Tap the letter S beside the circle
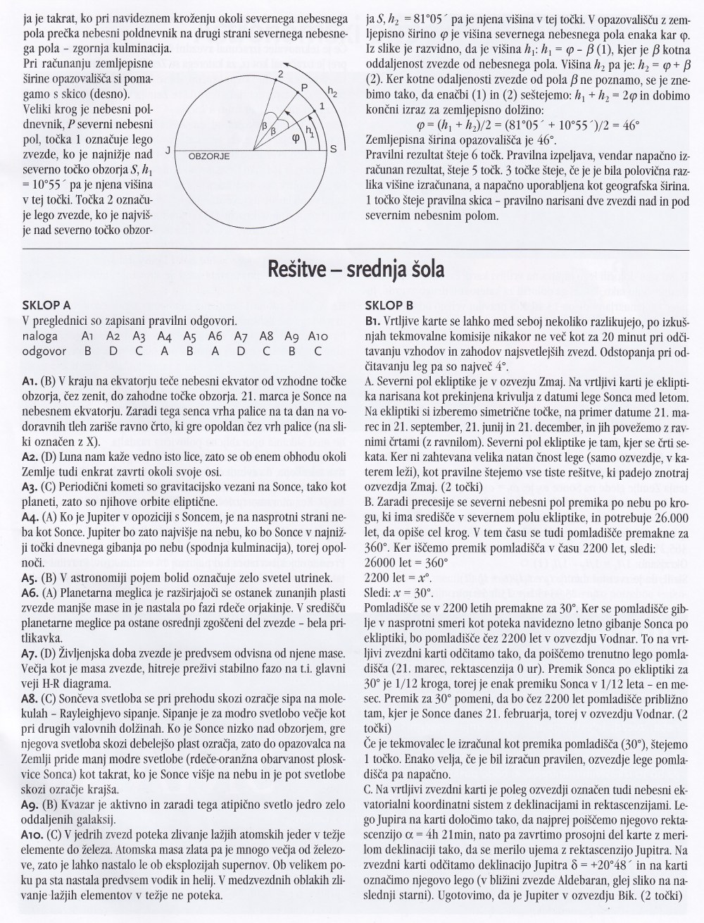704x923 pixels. [x=333, y=149]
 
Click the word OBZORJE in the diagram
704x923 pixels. [x=209, y=156]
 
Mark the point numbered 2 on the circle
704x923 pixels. [x=280, y=73]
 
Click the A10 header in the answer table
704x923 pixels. [x=319, y=336]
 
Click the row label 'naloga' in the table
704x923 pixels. [x=40, y=336]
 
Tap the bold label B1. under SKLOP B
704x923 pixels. [x=373, y=321]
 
